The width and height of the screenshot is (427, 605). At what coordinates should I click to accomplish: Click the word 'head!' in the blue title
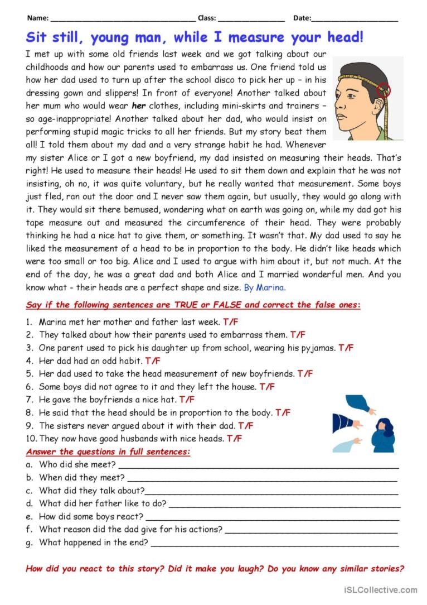344,38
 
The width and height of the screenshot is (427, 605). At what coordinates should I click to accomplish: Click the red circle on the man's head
384,89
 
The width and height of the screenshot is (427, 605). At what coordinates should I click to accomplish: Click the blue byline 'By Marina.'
265,287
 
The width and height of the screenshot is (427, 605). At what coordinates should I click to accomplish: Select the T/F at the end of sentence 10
234,439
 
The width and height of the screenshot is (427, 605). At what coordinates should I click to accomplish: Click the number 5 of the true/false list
28,373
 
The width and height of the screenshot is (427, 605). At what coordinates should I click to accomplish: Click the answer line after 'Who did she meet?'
259,465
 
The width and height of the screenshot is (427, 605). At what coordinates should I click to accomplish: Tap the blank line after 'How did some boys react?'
273,517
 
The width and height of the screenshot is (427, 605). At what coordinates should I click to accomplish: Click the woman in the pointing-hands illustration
382,434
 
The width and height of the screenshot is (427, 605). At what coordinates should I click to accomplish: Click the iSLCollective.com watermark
381,590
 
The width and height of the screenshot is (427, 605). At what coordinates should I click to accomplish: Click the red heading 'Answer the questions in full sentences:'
108,452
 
